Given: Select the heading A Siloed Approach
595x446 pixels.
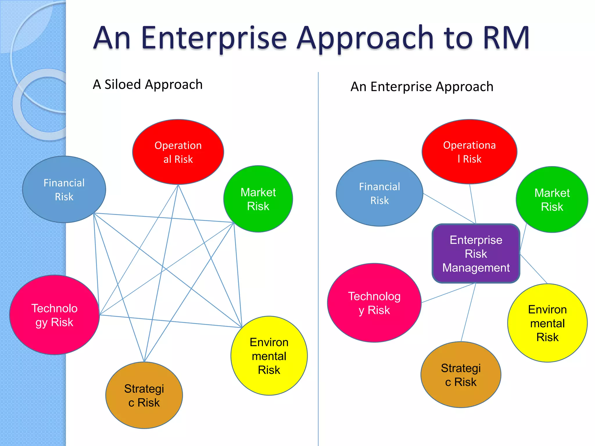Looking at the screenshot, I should [148, 84].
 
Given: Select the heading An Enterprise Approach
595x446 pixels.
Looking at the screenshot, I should [422, 87].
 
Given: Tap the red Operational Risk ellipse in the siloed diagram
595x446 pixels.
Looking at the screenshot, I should [178, 152].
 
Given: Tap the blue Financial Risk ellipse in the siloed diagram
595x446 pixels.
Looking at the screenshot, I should [64, 189].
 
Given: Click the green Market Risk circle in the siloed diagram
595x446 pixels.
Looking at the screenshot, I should [258, 199].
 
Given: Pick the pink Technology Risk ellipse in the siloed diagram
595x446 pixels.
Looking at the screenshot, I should [54, 315].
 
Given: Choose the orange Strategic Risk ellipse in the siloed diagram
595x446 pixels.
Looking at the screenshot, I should [144, 395].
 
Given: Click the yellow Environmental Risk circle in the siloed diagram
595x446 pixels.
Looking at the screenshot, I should [269, 356].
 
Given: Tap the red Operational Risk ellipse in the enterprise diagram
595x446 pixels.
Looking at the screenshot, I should [469, 152].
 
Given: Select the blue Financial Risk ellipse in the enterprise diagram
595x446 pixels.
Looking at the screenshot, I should [379, 193].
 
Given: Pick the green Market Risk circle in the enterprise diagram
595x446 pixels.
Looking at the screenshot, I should [552, 199].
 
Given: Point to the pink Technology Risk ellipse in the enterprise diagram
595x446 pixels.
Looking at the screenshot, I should [374, 303].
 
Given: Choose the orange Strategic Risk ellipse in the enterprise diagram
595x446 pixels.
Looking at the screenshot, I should [461, 375].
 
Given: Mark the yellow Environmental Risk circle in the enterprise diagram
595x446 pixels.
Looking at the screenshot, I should [547, 323].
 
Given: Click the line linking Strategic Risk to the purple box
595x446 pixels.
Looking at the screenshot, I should [468, 312].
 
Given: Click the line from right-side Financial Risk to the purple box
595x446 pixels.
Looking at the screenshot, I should [449, 208].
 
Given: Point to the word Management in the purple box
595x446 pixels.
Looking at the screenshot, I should [476, 268].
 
